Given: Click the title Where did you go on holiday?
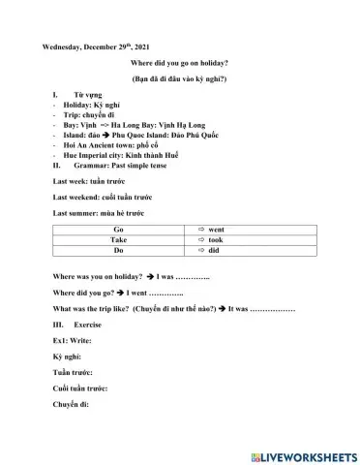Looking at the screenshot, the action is [x=179, y=63].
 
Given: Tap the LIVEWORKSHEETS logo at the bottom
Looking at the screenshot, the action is [x=303, y=455].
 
